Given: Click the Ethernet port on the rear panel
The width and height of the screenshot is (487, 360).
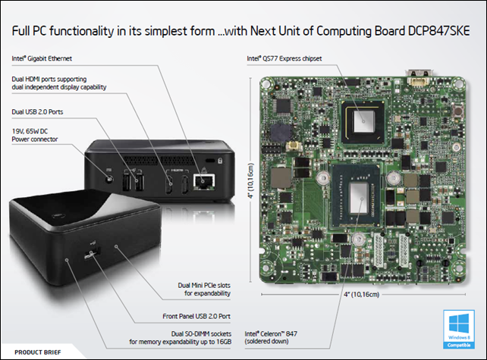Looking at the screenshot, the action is coord(204,182).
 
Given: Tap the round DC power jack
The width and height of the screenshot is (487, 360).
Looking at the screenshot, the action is coord(108,180).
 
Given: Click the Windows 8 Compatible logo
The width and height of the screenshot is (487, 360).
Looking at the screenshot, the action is coord(459,329).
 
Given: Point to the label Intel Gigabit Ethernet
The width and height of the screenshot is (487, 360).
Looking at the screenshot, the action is coord(42,58).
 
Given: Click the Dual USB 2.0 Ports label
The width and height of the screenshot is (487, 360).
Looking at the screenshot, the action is coord(37,111).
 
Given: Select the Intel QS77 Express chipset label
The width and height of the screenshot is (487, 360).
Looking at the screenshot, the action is coord(284,58).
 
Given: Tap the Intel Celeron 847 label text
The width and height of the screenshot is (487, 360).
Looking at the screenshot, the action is coord(271,338).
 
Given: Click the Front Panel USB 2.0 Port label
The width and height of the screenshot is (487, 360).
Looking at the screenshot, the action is coord(196,316).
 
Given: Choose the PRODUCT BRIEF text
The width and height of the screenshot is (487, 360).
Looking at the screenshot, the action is coord(38,352).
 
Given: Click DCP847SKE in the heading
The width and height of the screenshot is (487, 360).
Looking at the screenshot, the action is coord(439,31).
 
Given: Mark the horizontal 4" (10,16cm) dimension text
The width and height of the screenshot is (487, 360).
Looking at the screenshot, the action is coord(362,294).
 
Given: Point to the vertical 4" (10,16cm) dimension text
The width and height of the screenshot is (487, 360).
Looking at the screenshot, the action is coord(251,180).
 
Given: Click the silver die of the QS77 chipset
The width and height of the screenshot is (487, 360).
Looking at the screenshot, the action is coord(364,121).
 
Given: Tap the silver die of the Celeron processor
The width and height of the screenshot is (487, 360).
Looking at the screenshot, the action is coord(359,199).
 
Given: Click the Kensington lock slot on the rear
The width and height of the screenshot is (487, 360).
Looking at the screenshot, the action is coord(210,161).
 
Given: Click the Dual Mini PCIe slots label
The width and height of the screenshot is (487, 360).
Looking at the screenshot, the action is coord(204,290).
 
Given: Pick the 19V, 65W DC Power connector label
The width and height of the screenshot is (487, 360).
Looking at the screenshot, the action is coord(35,135).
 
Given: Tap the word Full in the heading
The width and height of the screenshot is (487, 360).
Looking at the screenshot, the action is coord(20,31).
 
